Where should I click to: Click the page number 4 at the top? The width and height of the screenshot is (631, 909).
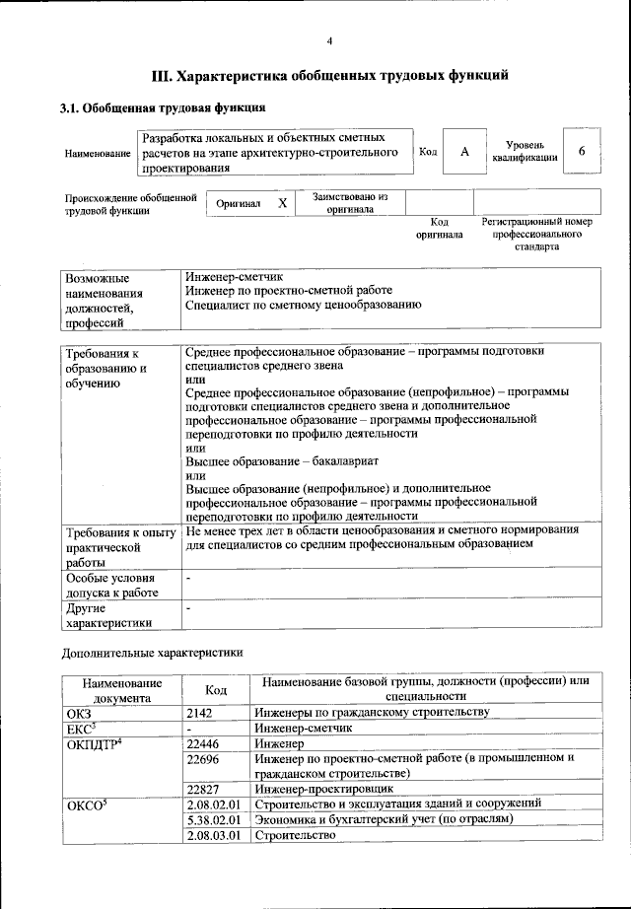329,40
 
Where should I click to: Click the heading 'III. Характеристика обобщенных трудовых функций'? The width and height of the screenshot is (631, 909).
329,75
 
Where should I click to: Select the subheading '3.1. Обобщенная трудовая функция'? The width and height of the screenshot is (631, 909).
163,107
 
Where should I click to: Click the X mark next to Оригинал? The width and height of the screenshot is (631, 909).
282,203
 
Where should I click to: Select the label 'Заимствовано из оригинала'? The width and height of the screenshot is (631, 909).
350,203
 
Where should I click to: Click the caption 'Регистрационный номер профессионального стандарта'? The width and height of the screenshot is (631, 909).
536,235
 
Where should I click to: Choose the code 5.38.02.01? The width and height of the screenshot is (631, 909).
215,819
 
